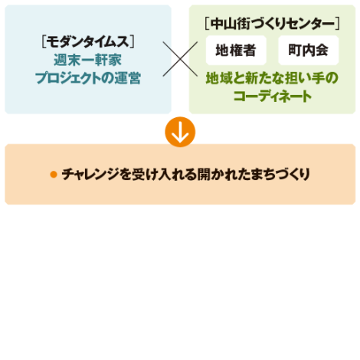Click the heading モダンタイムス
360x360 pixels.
(x=88, y=41)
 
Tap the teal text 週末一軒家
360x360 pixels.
(x=88, y=60)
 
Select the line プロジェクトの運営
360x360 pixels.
(x=88, y=78)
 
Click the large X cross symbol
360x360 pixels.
(x=180, y=59)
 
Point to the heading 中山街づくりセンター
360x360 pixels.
(x=273, y=24)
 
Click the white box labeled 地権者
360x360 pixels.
(x=236, y=50)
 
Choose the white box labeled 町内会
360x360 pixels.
(x=309, y=50)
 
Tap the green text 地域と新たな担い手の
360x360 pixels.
(x=272, y=78)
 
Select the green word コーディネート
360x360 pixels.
(x=272, y=97)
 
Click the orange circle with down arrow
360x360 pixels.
(x=180, y=132)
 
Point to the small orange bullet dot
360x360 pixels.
(x=54, y=175)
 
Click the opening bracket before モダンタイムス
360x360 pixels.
(x=44, y=42)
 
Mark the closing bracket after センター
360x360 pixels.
(x=337, y=24)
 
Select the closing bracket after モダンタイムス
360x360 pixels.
(x=132, y=42)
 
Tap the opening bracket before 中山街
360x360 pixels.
(x=208, y=24)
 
